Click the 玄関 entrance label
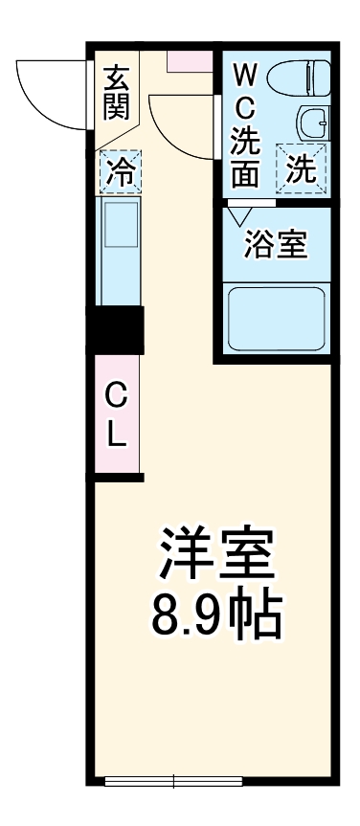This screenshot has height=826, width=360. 117,91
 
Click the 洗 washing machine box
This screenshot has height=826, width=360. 302,170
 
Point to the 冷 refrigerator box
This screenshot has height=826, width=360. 119,172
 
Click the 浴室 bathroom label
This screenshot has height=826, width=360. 276,244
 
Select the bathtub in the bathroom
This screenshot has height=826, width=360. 276,318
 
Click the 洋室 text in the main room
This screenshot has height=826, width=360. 216,553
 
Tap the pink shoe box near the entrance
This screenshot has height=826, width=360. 190,59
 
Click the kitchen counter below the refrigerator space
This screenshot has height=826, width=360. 119,251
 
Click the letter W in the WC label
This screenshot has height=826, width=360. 244,74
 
